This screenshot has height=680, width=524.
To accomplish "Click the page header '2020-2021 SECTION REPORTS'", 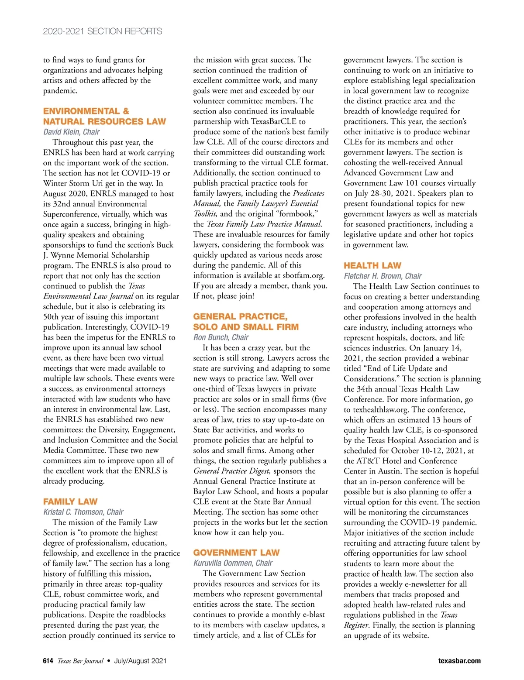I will point(102,31).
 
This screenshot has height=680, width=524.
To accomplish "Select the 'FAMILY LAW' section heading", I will point(70,501).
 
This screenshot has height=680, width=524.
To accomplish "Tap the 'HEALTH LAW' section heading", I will point(372,265).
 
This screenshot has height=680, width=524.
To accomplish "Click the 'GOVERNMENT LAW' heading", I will point(236,553).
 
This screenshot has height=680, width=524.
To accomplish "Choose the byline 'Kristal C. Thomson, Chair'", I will point(83,512).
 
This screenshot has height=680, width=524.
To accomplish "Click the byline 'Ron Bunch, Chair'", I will point(221,337).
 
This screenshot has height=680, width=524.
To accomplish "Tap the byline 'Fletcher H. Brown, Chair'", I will point(383,276).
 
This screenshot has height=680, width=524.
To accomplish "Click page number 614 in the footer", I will point(48,661).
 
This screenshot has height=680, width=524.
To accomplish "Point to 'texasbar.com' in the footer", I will point(459,661).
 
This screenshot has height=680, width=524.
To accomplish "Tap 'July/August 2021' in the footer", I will point(140,661).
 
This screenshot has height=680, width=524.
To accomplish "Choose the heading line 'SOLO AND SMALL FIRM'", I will point(246,327).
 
